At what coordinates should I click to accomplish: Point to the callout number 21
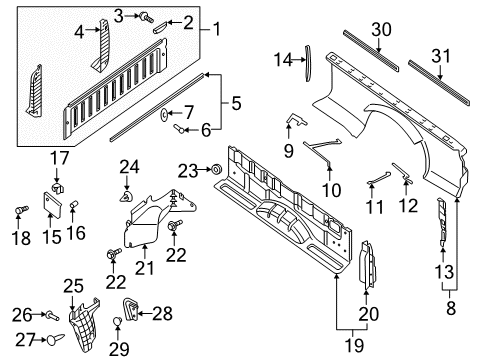(x=145, y=268)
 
